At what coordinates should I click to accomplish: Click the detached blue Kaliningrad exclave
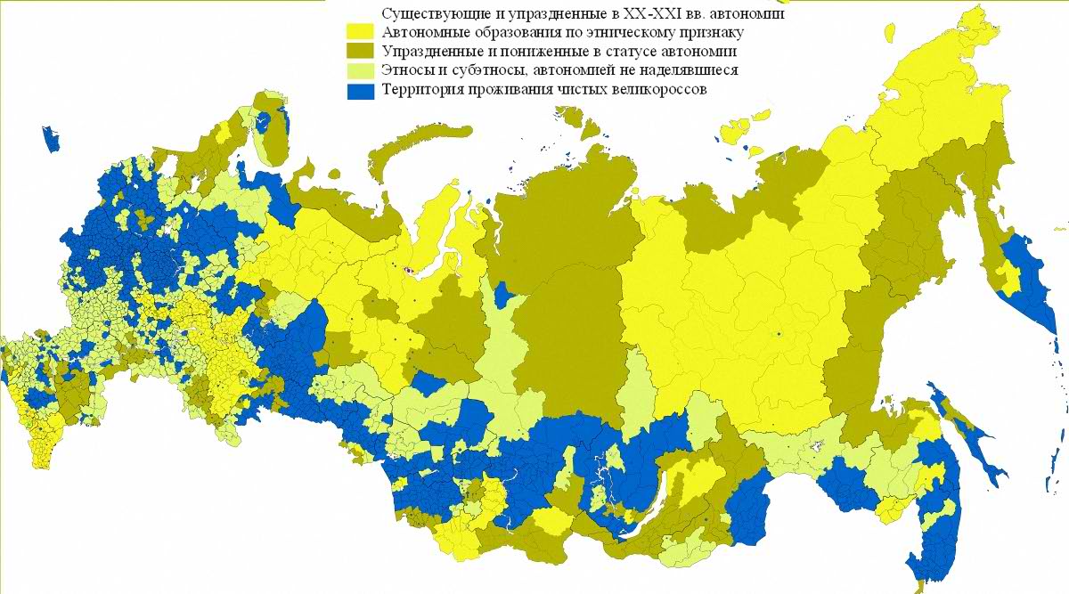(51, 139)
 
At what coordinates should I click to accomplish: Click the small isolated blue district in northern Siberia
(505, 294)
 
